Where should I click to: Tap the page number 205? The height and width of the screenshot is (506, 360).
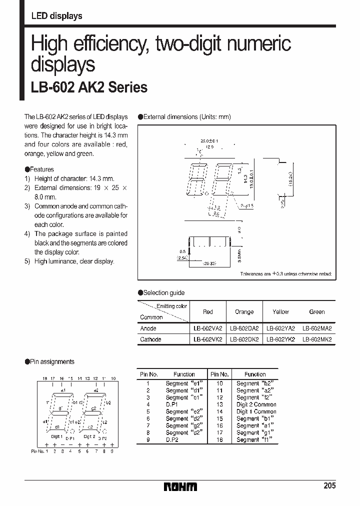(x=329, y=485)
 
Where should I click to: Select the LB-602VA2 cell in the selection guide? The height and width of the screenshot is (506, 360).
(x=207, y=328)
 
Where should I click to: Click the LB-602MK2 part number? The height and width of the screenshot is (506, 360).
(x=317, y=339)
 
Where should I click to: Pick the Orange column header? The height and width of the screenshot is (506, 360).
(x=244, y=312)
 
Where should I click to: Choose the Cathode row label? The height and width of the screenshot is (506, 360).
(x=150, y=339)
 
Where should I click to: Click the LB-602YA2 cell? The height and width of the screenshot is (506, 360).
(x=280, y=328)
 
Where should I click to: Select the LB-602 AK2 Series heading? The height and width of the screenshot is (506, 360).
(x=89, y=87)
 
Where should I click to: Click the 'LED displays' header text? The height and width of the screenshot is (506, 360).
(x=56, y=16)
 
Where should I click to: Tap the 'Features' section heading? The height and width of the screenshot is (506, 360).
(x=41, y=169)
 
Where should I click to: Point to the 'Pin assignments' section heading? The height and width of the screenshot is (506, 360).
(x=51, y=361)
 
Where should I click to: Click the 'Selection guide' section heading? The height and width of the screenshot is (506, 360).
(x=163, y=293)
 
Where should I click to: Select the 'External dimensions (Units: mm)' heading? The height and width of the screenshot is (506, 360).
(x=187, y=117)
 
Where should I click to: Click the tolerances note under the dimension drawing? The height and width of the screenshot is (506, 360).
(x=285, y=274)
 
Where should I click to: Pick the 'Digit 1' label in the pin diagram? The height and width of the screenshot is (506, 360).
(x=56, y=436)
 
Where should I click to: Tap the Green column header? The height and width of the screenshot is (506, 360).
(x=317, y=312)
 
